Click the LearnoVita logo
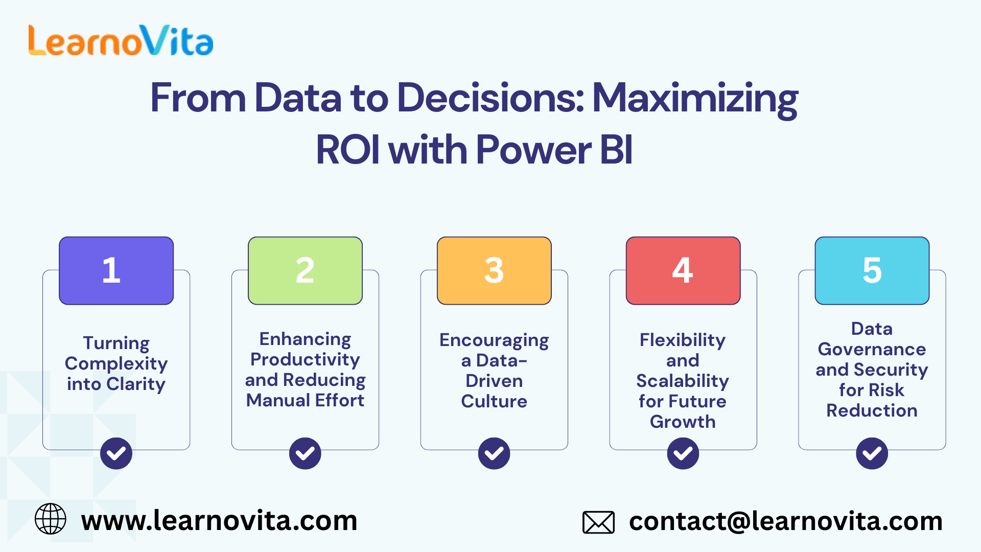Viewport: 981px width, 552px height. pyautogui.click(x=121, y=40)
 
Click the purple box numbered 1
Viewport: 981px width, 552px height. pyautogui.click(x=116, y=270)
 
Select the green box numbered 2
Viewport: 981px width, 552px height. pyautogui.click(x=305, y=270)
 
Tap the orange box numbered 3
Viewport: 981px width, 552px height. pyautogui.click(x=494, y=270)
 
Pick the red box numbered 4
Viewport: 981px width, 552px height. pyautogui.click(x=683, y=270)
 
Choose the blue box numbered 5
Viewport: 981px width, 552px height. pyautogui.click(x=872, y=270)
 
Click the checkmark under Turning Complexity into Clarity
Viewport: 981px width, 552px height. pyautogui.click(x=116, y=453)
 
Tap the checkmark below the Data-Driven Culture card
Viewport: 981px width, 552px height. pyautogui.click(x=494, y=453)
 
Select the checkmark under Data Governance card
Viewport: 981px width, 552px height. pyautogui.click(x=872, y=453)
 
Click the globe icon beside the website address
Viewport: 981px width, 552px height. pyautogui.click(x=50, y=519)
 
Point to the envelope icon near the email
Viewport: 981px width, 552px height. pyautogui.click(x=598, y=522)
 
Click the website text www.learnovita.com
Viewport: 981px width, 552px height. pyautogui.click(x=219, y=521)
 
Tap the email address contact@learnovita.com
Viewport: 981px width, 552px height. pyautogui.click(x=785, y=521)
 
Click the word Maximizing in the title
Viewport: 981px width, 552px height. pyautogui.click(x=695, y=98)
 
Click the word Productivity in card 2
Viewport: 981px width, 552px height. pyautogui.click(x=305, y=360)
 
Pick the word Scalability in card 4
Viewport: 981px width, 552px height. pyautogui.click(x=683, y=381)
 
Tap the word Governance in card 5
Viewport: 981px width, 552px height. pyautogui.click(x=872, y=349)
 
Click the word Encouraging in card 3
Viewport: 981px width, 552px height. pyautogui.click(x=494, y=340)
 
